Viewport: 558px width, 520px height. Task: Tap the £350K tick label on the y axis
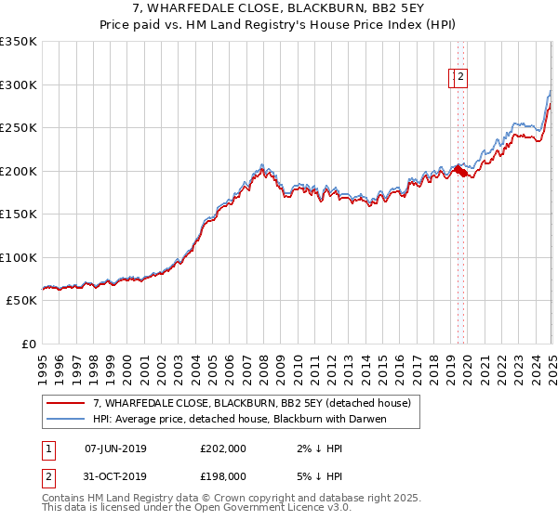pyautogui.click(x=19, y=42)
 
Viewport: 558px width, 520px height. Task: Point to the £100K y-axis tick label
pyautogui.click(x=19, y=257)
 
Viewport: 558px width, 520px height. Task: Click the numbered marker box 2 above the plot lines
pyautogui.click(x=460, y=78)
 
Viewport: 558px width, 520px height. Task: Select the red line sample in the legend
pyautogui.click(x=66, y=403)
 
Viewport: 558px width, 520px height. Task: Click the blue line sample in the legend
pyautogui.click(x=66, y=419)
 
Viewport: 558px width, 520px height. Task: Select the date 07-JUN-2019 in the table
pyautogui.click(x=115, y=448)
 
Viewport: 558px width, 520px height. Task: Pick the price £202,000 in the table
pyautogui.click(x=222, y=448)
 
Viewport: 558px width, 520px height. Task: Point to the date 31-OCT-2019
pyautogui.click(x=115, y=476)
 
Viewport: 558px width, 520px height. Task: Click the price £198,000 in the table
pyautogui.click(x=222, y=476)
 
